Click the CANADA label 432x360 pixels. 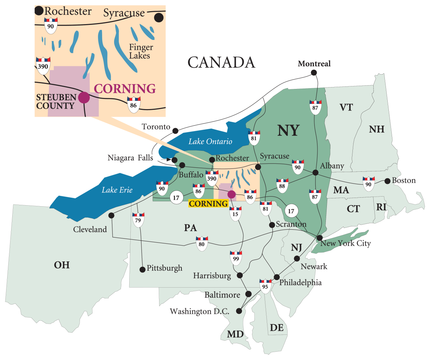point(221,62)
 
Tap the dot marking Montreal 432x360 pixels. point(314,72)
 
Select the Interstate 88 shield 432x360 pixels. point(282,184)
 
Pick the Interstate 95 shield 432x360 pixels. point(265,286)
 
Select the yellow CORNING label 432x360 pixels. point(208,204)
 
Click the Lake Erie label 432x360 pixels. point(117,190)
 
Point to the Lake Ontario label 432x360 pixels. point(211,141)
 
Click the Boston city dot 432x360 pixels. point(387,181)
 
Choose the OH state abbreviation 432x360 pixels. point(62,265)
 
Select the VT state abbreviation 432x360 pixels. point(346,107)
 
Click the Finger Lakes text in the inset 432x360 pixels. point(141,51)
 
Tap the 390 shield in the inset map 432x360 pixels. point(43,64)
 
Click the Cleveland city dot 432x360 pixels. point(111,215)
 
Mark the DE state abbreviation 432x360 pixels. point(276,328)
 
